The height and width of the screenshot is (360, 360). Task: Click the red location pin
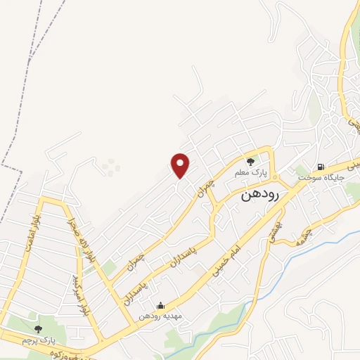pos(181,165)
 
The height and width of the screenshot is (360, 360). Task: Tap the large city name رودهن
pos(261,195)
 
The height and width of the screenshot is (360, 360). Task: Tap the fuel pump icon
pos(321,167)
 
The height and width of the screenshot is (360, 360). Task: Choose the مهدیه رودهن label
pos(160,316)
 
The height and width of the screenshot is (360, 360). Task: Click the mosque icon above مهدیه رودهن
pos(160,305)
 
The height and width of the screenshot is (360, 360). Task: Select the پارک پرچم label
pos(38,340)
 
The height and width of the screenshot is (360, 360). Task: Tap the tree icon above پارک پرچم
pos(38,328)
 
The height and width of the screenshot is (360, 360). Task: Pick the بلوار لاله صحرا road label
pos(73,231)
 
